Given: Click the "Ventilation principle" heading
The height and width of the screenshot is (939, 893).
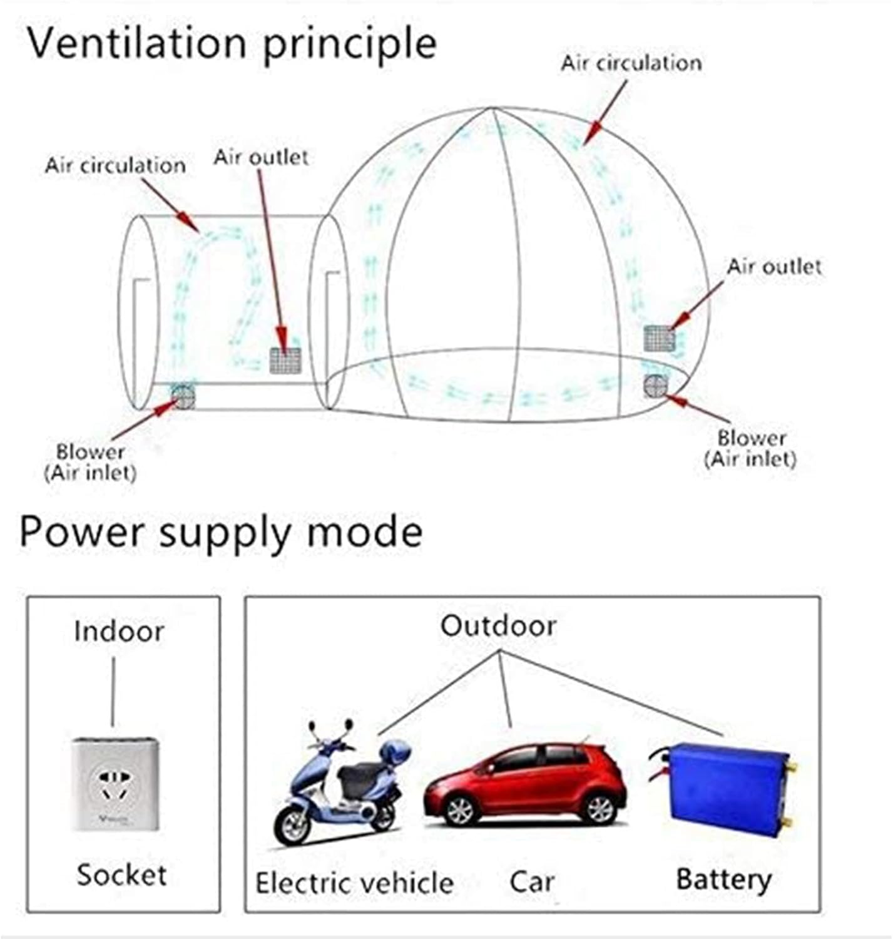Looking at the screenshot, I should pos(232,44).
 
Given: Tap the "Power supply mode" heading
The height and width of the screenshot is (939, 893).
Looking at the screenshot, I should pos(221,532).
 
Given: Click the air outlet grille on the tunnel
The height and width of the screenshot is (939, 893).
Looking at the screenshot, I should pos(285,361).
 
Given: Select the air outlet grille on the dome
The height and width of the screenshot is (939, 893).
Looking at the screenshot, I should pos(660,339).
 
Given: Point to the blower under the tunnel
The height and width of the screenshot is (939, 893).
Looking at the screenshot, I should pos(183,396).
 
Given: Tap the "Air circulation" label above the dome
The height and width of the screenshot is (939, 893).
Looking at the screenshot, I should pos(631,63).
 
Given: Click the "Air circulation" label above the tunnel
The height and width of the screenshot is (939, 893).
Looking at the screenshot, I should pos(115,166).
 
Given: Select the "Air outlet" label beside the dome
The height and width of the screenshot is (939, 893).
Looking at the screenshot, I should pos(773,267).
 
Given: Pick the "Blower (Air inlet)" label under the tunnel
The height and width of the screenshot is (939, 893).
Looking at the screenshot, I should pos(90,462).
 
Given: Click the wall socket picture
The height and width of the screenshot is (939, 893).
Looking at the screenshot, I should pos(115,784).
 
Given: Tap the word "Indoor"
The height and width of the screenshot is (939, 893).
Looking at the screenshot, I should pos(119,631).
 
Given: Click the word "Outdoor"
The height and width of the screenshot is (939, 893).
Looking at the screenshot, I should pos(498,626).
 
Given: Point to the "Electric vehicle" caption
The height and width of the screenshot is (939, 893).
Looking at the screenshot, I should pos(354,883).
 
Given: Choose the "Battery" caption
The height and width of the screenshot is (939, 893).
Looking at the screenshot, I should pos(723,879).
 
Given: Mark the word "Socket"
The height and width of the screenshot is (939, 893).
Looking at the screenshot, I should pos(121,875).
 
